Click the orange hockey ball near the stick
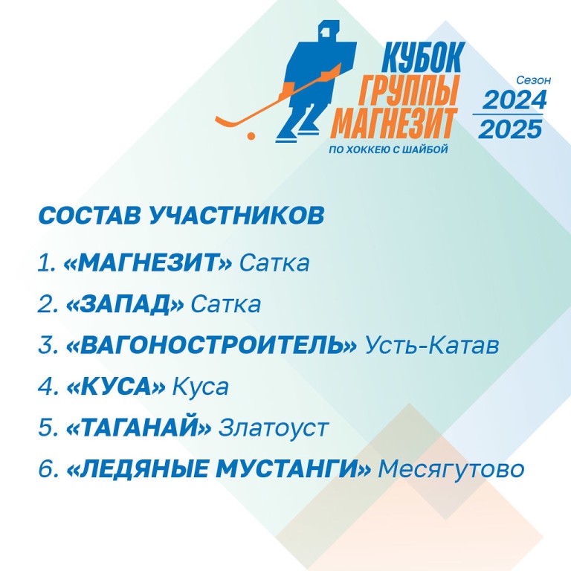point(251,136)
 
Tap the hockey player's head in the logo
point(329,32)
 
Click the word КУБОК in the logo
point(423,57)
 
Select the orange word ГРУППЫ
point(408,89)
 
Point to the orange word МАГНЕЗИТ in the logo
point(394,122)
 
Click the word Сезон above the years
point(534,80)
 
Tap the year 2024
point(514,100)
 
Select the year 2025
point(510,129)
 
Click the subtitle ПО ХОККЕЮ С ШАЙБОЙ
point(388,149)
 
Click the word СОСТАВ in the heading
point(89,215)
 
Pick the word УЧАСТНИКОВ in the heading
point(236,215)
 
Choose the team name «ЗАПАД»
point(125,304)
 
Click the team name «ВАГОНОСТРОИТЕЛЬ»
point(212,345)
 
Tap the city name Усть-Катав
point(432,344)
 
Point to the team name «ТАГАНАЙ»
point(139,427)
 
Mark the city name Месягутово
point(451,469)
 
